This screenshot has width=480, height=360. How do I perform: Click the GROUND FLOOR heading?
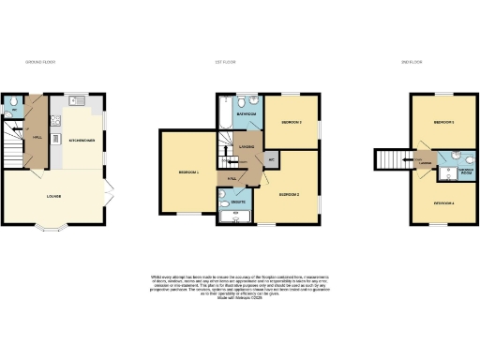pyautogui.click(x=40, y=62)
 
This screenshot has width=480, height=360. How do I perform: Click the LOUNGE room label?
pyautogui.click(x=55, y=196)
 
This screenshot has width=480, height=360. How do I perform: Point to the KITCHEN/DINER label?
pyautogui.click(x=82, y=140)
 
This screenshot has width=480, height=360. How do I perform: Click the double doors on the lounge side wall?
pyautogui.click(x=110, y=192)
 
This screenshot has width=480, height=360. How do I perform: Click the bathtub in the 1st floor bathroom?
pyautogui.click(x=223, y=113)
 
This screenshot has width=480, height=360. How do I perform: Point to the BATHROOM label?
pyautogui.click(x=247, y=113)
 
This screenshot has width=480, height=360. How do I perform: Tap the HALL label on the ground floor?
pyautogui.click(x=38, y=137)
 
